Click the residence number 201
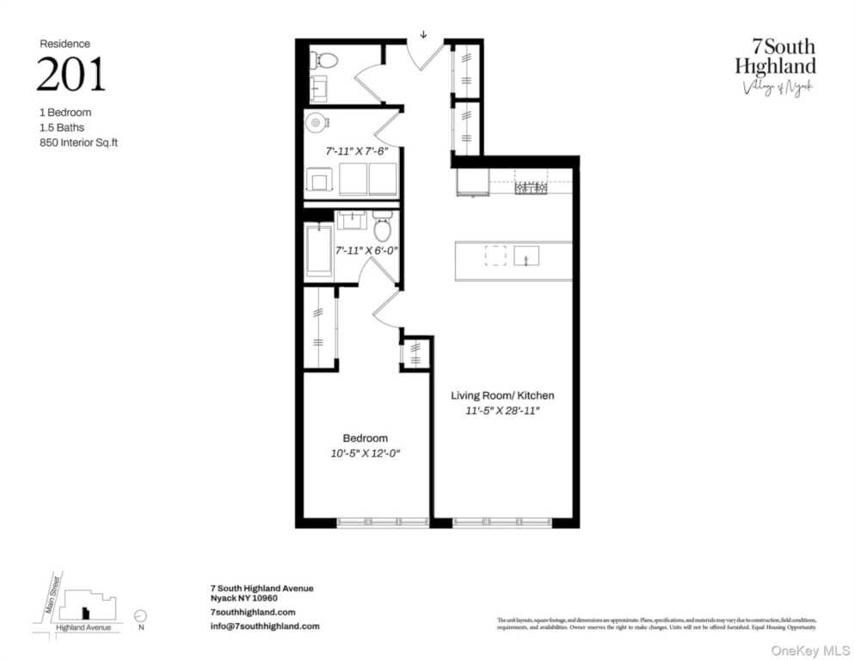(x=71, y=76)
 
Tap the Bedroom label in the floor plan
(x=365, y=437)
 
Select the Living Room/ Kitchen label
(x=503, y=395)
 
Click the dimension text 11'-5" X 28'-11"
(x=503, y=411)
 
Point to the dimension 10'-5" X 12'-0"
(x=366, y=453)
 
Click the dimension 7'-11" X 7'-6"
(x=356, y=150)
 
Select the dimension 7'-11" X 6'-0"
(x=366, y=250)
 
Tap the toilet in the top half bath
(x=325, y=59)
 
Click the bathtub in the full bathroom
(x=319, y=250)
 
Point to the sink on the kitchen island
(x=526, y=255)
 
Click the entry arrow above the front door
(x=423, y=35)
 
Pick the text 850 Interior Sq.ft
(x=78, y=144)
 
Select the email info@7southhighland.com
(x=265, y=626)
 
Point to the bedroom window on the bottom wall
(x=382, y=522)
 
